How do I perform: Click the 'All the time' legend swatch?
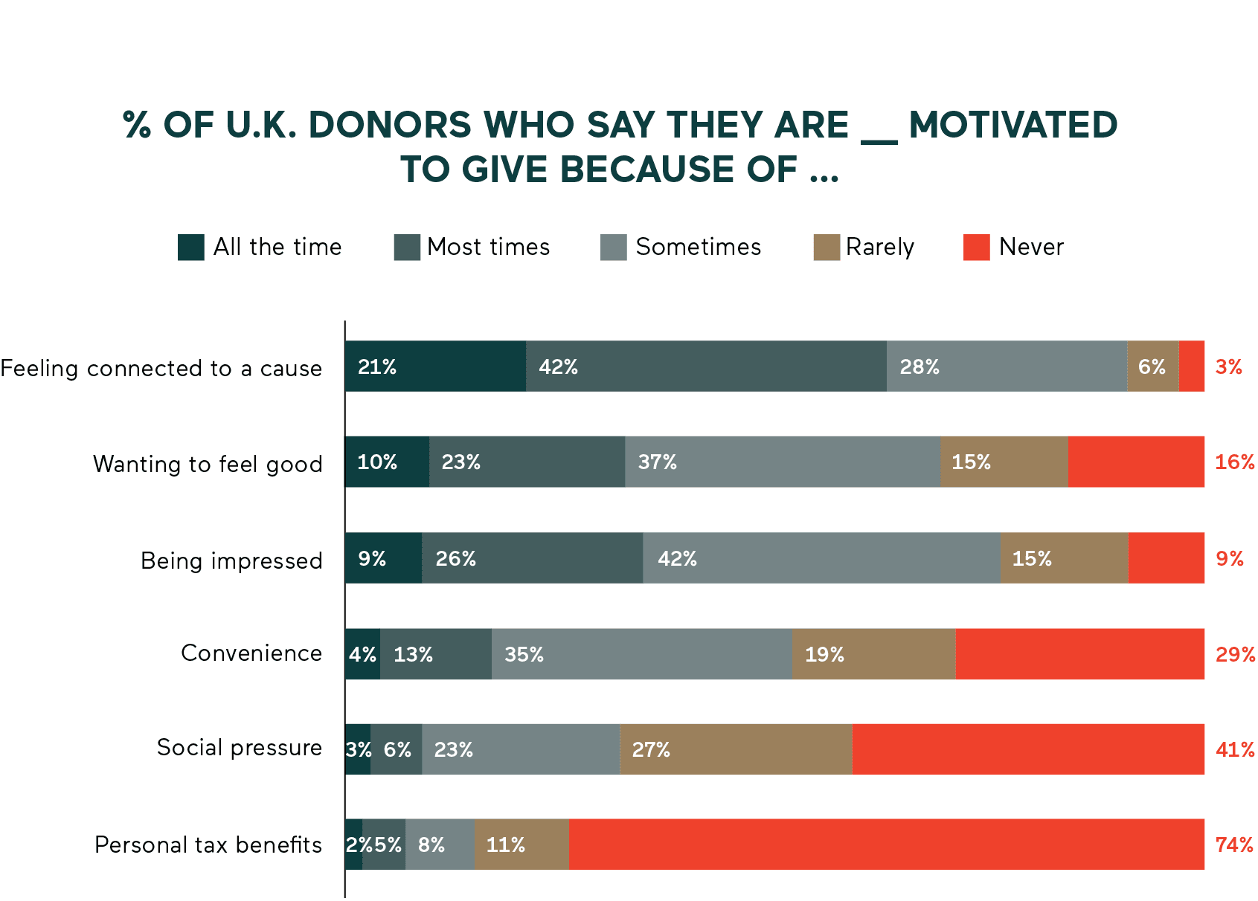pos(190,247)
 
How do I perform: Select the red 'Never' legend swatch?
pos(976,247)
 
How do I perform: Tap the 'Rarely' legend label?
pos(879,247)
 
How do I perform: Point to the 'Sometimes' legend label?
pos(698,247)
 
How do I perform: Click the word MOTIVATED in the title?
pos(1013,125)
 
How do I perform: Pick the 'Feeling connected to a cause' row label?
pos(161,368)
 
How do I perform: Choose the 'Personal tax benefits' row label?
pos(208,845)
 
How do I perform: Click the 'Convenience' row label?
pos(251,653)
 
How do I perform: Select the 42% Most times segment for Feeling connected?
pos(706,366)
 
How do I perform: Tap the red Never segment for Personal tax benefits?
pos(886,845)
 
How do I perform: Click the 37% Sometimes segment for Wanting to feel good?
pos(782,462)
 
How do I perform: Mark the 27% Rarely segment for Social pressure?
pos(736,749)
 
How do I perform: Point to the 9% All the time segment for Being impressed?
pos(383,558)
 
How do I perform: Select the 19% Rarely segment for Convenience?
pos(873,654)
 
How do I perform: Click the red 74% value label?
pos(1233,845)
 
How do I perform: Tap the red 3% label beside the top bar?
pos(1228,366)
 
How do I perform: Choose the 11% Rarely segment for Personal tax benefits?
pos(521,845)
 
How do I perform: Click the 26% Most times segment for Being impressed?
pos(532,558)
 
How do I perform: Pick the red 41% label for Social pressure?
pos(1234,749)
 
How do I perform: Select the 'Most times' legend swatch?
pos(407,247)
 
